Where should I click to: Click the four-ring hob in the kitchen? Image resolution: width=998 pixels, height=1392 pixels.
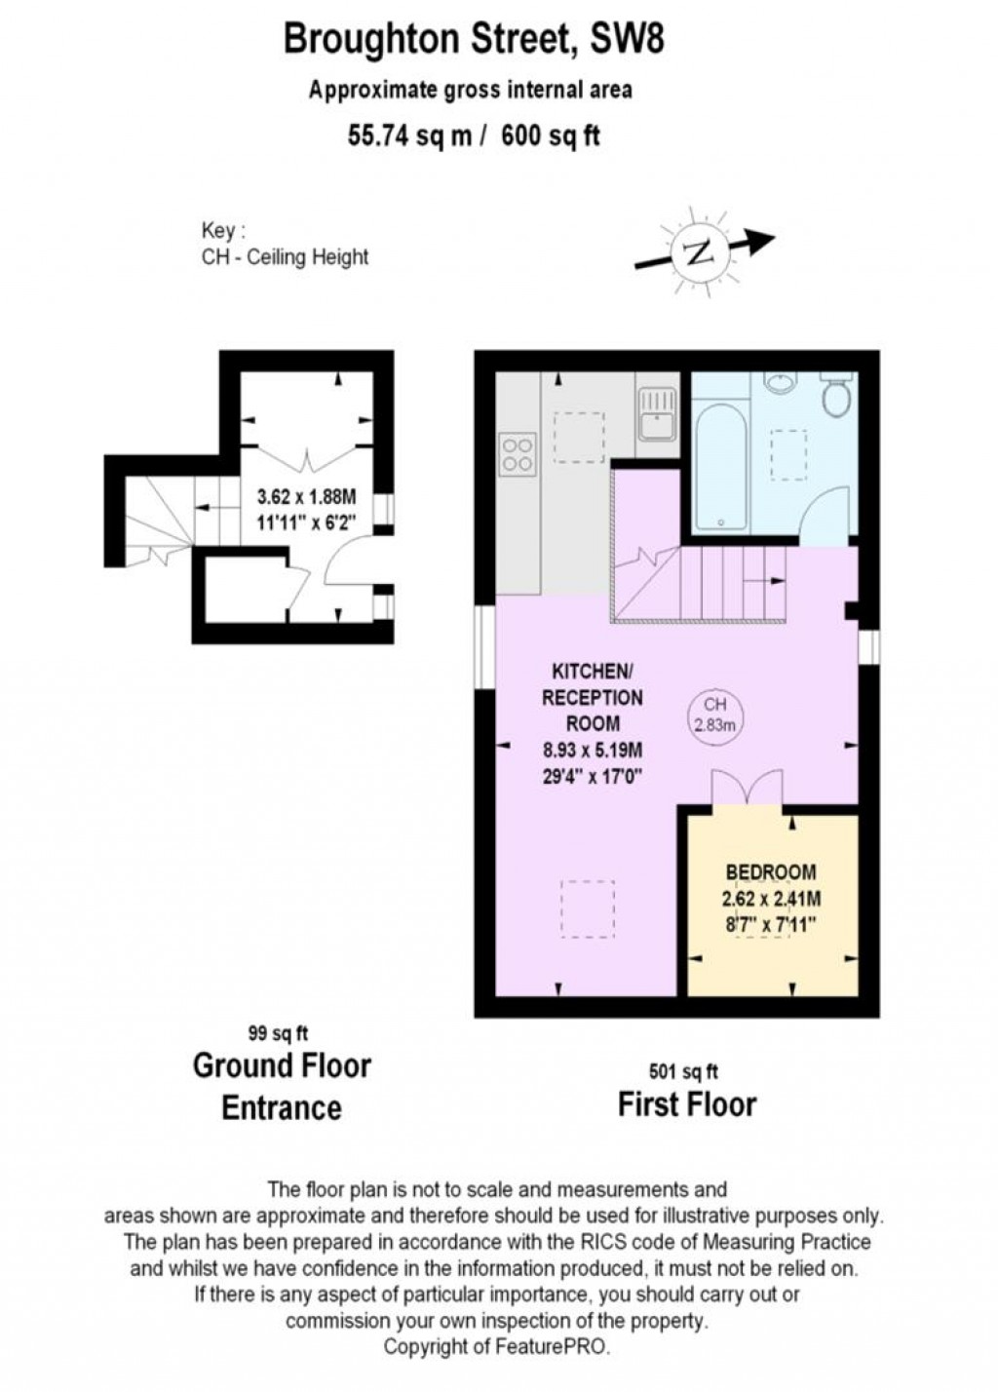tap(517, 453)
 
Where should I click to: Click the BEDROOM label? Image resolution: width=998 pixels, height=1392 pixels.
tap(771, 871)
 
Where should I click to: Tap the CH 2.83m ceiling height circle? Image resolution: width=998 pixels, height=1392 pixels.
tap(714, 715)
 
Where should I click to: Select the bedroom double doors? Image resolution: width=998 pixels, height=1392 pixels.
tap(747, 788)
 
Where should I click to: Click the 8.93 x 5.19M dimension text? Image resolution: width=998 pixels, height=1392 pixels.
tap(593, 750)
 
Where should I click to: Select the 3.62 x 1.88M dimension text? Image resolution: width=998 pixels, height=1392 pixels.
tap(307, 497)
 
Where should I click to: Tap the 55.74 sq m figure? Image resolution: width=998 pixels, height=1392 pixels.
tap(409, 135)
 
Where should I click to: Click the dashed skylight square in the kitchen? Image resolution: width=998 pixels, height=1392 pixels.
tap(579, 438)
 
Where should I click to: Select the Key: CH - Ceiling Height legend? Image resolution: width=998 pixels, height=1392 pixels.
tap(285, 245)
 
